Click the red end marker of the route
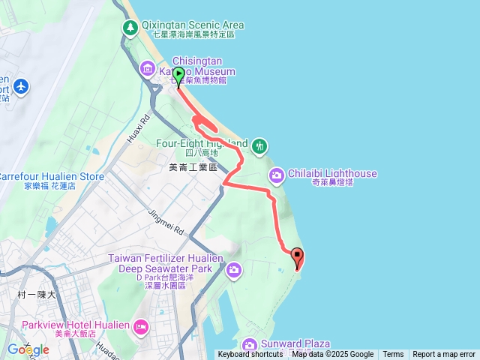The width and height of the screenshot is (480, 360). (x=297, y=257)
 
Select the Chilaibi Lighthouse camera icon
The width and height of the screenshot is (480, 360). (x=276, y=175)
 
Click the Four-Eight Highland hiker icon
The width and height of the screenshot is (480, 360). (x=259, y=144)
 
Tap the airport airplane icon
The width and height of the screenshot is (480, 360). (x=19, y=86)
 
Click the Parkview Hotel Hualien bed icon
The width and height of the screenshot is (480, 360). (x=140, y=327)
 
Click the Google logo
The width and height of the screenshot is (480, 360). (x=28, y=349)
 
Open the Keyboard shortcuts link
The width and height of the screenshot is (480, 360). (x=250, y=355)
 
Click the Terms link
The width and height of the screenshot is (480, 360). (x=393, y=355)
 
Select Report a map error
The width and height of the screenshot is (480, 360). (x=444, y=355)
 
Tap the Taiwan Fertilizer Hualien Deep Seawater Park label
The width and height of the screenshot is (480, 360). (x=166, y=263)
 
